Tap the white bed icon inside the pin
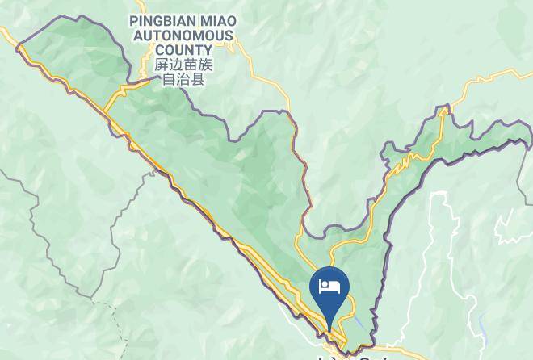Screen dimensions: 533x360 coord(330,285)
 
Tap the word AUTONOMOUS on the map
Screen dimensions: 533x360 coord(183,36)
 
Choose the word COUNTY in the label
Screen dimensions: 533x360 coord(183,49)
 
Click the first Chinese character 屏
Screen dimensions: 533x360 coord(162,65)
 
